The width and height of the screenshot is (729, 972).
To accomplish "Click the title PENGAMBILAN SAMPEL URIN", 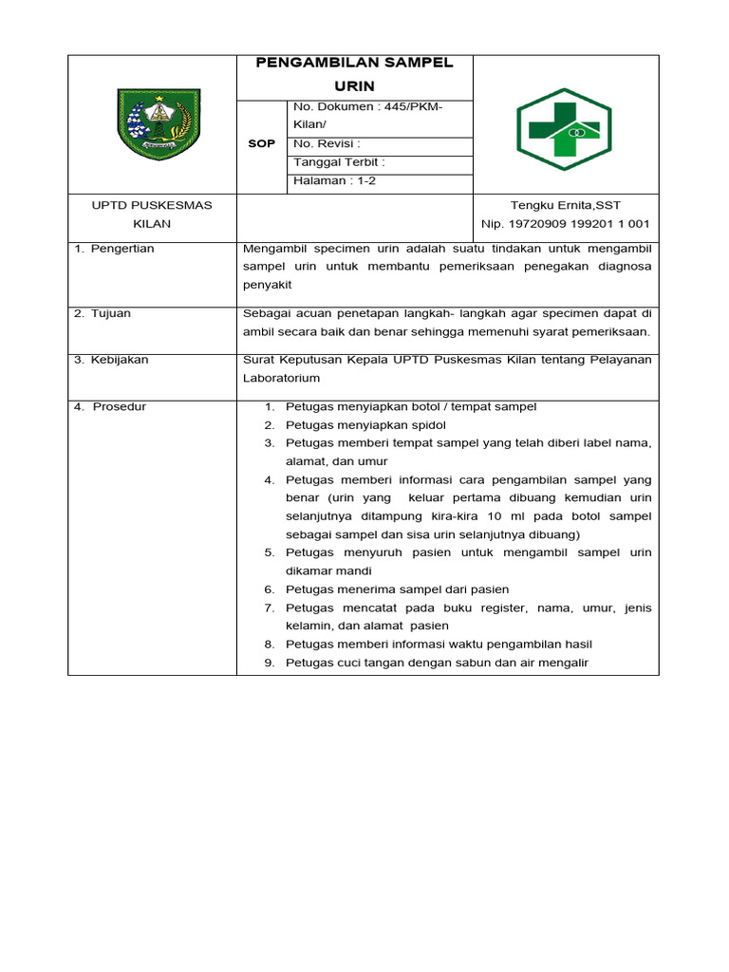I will (354, 74).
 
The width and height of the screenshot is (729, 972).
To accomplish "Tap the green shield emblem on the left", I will (153, 123).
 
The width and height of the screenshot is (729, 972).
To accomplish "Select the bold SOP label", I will (261, 143).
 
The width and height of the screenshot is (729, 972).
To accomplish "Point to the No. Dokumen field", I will (368, 115).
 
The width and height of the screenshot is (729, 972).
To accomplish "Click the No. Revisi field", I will (327, 143).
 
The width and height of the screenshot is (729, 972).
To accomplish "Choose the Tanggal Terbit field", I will (340, 162).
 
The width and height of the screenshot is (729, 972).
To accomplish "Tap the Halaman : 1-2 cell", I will (335, 180).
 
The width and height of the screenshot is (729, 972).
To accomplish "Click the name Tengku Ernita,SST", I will (565, 205).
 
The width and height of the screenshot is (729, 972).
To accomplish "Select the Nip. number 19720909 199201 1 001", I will (565, 224).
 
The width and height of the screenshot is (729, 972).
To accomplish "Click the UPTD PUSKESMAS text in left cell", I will (152, 205).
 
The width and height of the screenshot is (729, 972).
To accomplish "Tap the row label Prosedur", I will (112, 406).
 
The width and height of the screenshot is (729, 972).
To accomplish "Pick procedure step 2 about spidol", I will (365, 424).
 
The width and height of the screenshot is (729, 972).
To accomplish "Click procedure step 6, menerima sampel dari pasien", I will (397, 589).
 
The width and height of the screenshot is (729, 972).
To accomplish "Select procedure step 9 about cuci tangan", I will (437, 663).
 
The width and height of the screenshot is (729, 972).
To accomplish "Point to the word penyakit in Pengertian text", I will (267, 285).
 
